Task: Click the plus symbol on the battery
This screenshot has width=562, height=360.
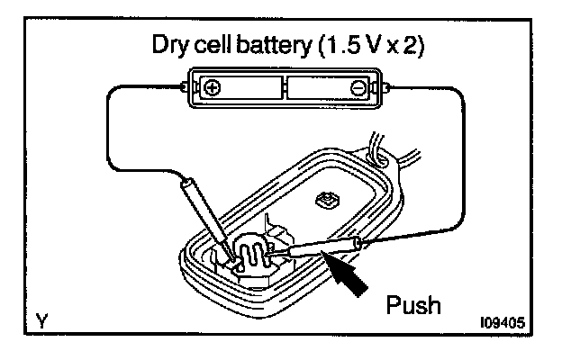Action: pyautogui.click(x=213, y=88)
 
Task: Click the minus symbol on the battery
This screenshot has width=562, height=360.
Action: pyautogui.click(x=357, y=88)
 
